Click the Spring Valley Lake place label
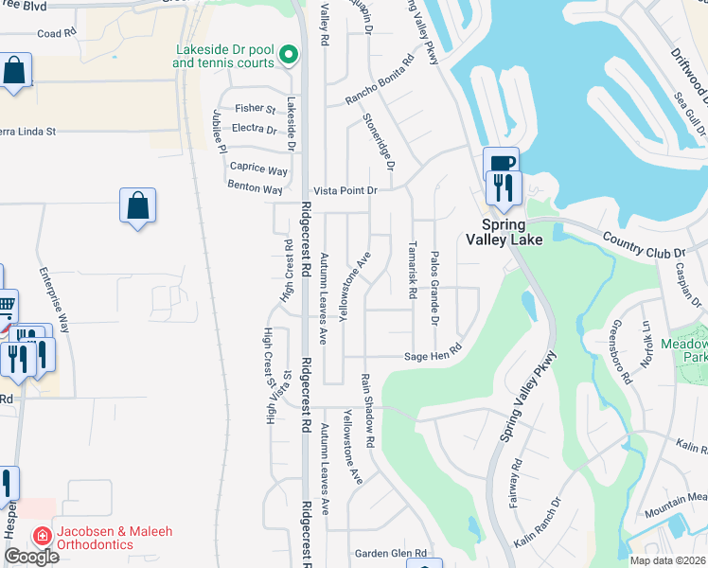click(x=511, y=232)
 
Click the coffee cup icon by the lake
click(x=501, y=163)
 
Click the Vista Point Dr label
click(x=345, y=190)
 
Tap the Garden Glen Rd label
click(x=391, y=553)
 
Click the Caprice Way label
click(x=257, y=169)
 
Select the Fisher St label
click(x=255, y=109)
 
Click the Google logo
click(x=31, y=557)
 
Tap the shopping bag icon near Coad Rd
click(x=15, y=70)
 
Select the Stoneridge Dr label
click(x=377, y=141)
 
